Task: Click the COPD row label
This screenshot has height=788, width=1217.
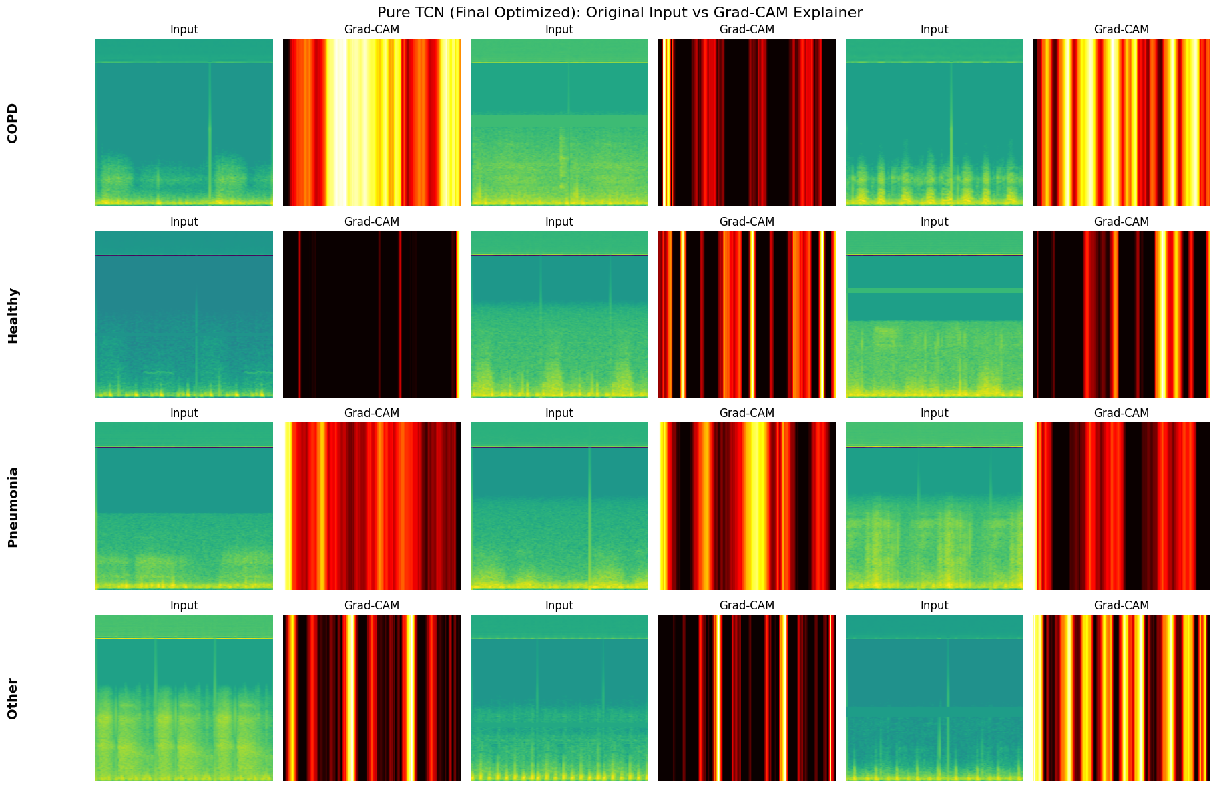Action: pyautogui.click(x=13, y=123)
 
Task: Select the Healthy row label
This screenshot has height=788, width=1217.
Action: pyautogui.click(x=13, y=315)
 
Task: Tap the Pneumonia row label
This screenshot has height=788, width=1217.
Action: pyautogui.click(x=13, y=507)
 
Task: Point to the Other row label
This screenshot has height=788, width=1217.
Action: pyautogui.click(x=13, y=699)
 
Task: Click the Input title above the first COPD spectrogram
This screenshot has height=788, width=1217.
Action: pyautogui.click(x=184, y=29)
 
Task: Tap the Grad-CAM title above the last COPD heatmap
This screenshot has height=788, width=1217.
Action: pyautogui.click(x=1121, y=29)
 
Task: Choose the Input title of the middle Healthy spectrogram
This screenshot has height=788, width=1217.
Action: pyautogui.click(x=559, y=222)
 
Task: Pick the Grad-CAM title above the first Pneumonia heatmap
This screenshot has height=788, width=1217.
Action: pyautogui.click(x=371, y=413)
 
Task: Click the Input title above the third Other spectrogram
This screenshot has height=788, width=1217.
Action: pyautogui.click(x=934, y=605)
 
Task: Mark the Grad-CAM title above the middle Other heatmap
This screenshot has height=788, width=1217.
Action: pyautogui.click(x=746, y=605)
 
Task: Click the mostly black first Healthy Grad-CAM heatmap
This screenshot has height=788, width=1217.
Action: pyautogui.click(x=371, y=314)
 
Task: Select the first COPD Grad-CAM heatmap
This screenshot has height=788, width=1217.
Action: pyautogui.click(x=371, y=122)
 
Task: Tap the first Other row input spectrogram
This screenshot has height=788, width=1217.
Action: pyautogui.click(x=184, y=698)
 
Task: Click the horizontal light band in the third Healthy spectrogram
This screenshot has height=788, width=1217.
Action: pyautogui.click(x=934, y=290)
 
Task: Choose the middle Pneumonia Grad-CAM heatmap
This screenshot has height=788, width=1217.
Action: pyautogui.click(x=746, y=506)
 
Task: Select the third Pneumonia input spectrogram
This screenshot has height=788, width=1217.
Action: pyautogui.click(x=934, y=506)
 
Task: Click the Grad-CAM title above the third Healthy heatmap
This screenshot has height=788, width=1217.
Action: pyautogui.click(x=1121, y=222)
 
